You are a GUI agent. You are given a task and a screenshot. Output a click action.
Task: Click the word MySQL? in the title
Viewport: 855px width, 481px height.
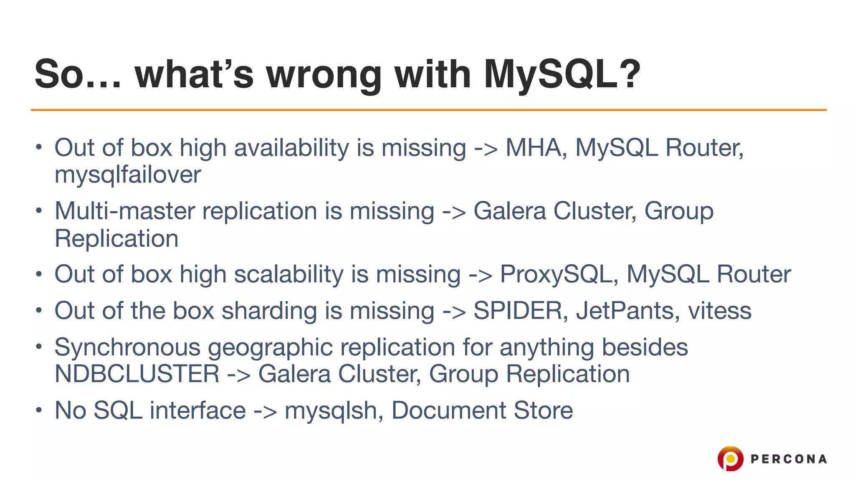click(562, 74)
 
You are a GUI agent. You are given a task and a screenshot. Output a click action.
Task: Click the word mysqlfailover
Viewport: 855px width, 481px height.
click(128, 175)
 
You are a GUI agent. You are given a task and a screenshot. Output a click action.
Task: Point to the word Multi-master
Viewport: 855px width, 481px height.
click(124, 211)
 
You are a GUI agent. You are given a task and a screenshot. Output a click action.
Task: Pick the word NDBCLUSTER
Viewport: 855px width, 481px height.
click(137, 374)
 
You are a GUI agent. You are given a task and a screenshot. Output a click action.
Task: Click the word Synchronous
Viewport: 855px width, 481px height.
click(127, 347)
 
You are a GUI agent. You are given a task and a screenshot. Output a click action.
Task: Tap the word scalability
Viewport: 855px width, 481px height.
click(301, 274)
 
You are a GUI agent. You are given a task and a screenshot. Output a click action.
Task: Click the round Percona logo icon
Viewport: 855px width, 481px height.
click(730, 458)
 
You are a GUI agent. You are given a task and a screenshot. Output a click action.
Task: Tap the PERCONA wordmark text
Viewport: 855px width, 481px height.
click(788, 459)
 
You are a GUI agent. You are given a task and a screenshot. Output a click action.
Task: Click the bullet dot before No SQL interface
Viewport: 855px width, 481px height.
click(39, 410)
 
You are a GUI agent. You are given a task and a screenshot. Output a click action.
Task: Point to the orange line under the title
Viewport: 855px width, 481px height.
click(428, 110)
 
